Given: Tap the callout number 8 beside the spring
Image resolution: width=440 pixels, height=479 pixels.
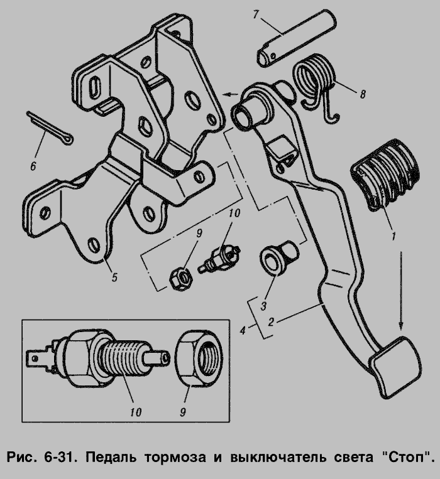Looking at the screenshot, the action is (363, 94).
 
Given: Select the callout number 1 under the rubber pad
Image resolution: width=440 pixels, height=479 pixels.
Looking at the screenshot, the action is (393, 236).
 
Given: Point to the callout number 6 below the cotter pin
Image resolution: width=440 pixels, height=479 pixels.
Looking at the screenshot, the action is (33, 166).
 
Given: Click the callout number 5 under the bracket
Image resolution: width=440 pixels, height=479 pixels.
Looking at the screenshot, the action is (114, 277).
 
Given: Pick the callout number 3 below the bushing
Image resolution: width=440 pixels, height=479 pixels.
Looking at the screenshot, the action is (263, 305).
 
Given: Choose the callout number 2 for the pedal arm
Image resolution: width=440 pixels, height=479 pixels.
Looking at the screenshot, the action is (271, 322).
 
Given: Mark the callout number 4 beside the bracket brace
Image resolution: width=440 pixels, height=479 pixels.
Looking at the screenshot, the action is (243, 330).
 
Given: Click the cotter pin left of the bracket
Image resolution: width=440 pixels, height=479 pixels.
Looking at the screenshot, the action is (49, 127).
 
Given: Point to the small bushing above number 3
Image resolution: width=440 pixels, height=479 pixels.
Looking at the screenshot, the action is (279, 257).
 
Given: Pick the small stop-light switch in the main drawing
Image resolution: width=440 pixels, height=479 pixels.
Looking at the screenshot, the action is (219, 258).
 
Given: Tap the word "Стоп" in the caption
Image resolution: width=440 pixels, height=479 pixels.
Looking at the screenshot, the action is (404, 457).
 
